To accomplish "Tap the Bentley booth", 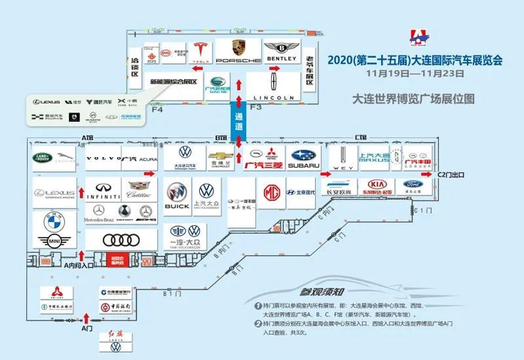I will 281,51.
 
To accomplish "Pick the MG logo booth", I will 271,193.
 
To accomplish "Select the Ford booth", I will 413,186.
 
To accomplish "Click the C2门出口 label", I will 451,175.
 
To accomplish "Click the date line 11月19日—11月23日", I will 409,76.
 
